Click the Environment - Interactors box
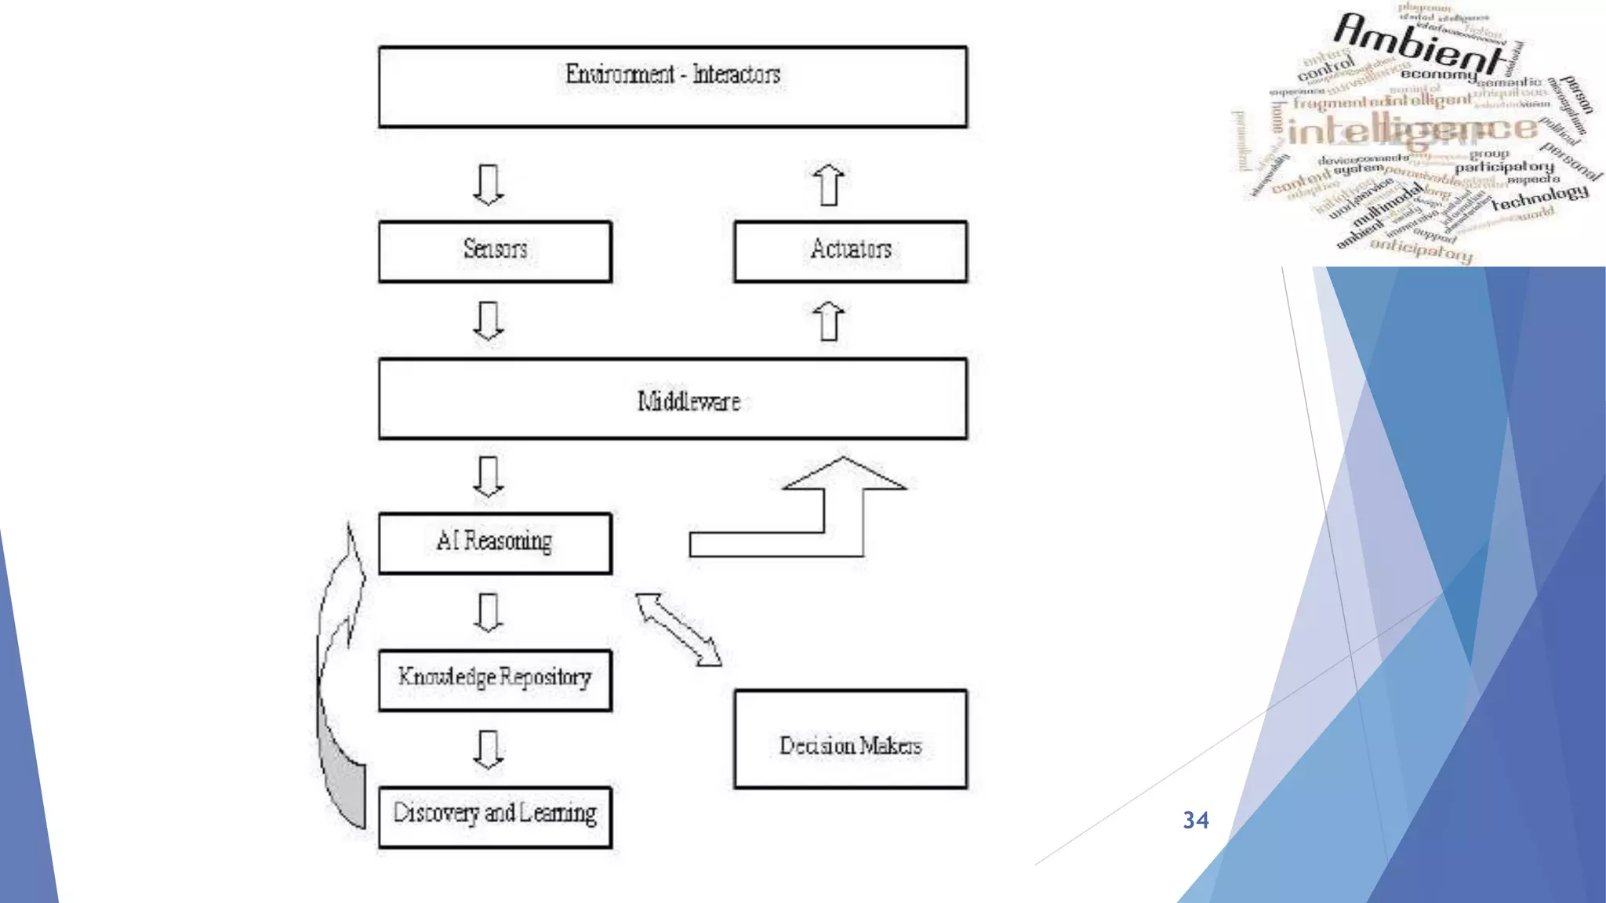pos(672,86)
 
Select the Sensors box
pos(495,251)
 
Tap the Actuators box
pos(850,251)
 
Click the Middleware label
pos(689,401)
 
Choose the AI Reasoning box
pos(495,542)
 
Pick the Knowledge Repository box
pos(495,679)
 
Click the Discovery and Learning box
pos(495,816)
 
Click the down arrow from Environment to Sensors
pos(488,185)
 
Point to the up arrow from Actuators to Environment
pos(829,185)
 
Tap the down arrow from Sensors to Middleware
pos(488,321)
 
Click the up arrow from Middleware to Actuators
pos(829,321)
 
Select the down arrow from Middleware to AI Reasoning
pos(488,476)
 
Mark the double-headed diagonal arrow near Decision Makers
pos(678,629)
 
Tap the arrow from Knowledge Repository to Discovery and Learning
pos(488,749)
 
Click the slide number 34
pos(1196,820)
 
